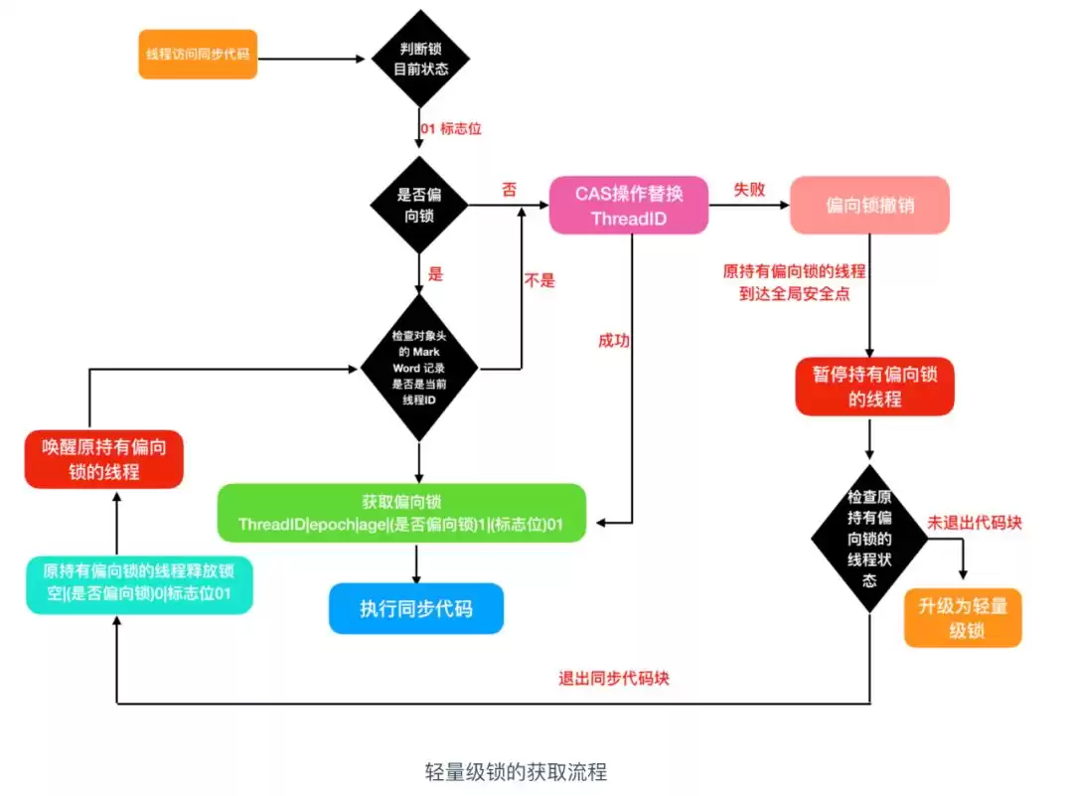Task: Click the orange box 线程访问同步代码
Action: [x=198, y=54]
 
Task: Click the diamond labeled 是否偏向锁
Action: [x=417, y=205]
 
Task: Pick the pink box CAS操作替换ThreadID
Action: [x=629, y=206]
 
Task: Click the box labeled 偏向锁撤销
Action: [x=869, y=206]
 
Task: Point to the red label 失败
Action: [x=749, y=189]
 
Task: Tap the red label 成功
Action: [x=613, y=341]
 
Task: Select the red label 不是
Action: [x=539, y=280]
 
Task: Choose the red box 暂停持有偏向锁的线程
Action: [x=874, y=387]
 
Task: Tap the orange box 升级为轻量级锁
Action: [x=963, y=617]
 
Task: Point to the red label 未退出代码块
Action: [x=974, y=523]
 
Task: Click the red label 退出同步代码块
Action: [x=613, y=680]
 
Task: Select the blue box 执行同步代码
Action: [x=415, y=609]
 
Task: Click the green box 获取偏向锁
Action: [x=401, y=513]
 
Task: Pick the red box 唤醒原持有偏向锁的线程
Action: [x=104, y=459]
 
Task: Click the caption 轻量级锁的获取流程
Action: [x=516, y=771]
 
